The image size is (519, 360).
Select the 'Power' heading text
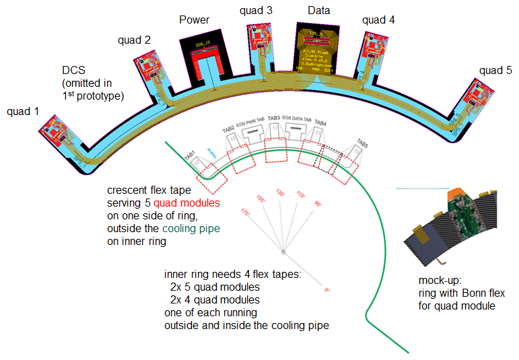(x=195, y=20)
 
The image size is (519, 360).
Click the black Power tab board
(x=203, y=59)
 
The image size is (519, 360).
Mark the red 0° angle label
(x=327, y=290)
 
